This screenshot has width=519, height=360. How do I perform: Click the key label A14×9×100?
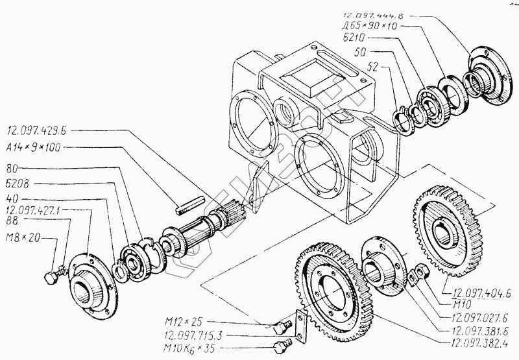coord(33,148)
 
